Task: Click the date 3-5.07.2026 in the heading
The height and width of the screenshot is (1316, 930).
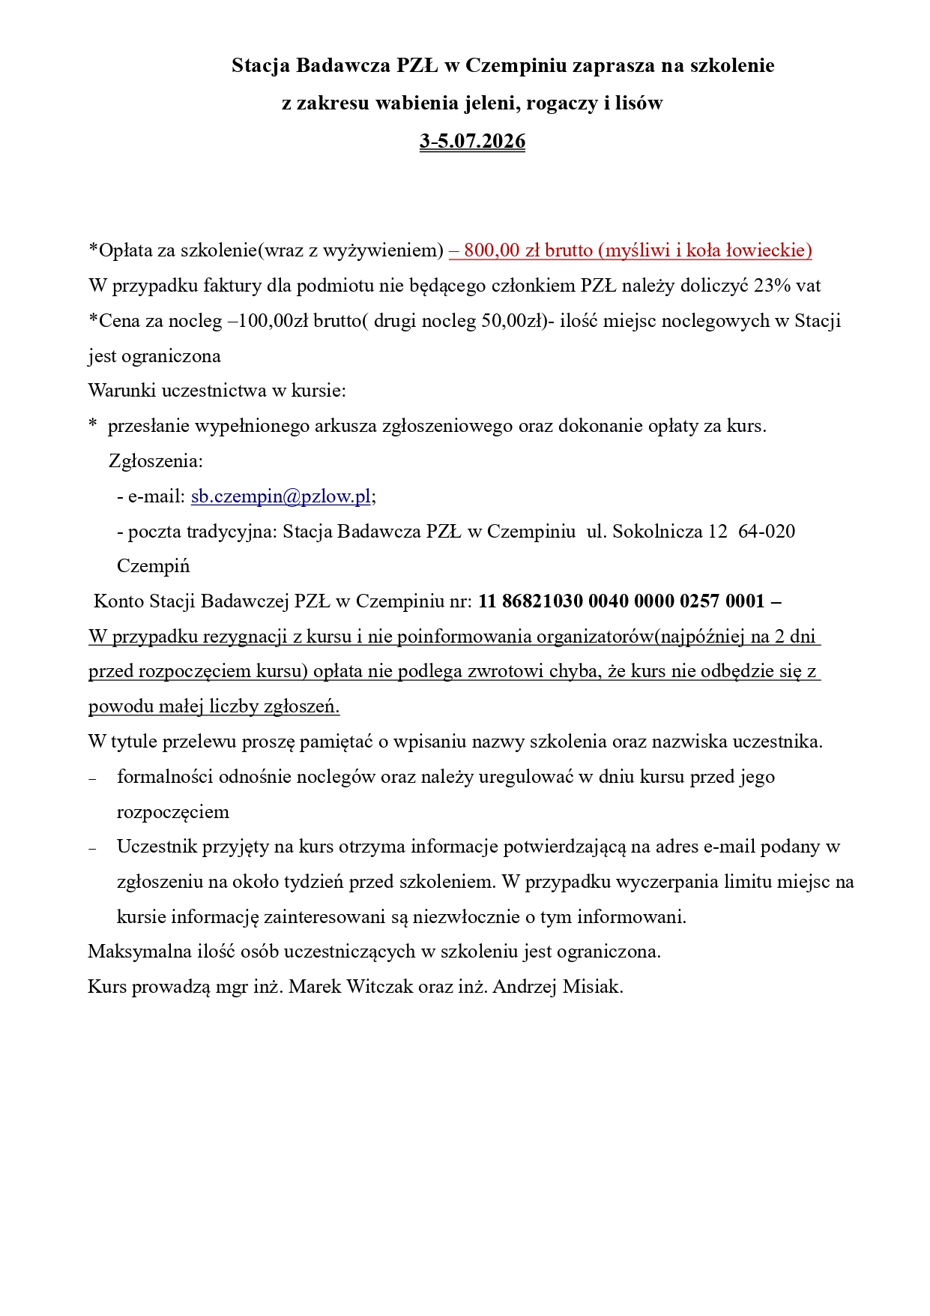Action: [x=472, y=141]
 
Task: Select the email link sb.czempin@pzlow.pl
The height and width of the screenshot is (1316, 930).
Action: [x=281, y=496]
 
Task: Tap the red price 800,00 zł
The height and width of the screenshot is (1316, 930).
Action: [x=492, y=250]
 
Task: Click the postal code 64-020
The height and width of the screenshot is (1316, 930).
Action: [x=767, y=532]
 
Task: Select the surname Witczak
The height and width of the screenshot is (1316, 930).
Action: [x=379, y=987]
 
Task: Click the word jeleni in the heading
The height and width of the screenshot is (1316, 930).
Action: [x=491, y=103]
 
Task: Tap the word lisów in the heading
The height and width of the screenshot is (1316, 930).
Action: [x=638, y=103]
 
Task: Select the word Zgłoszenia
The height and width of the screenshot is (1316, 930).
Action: [x=155, y=461]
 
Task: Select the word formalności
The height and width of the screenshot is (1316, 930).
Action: [x=165, y=777]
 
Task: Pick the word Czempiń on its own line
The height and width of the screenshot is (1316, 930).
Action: [x=154, y=566]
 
